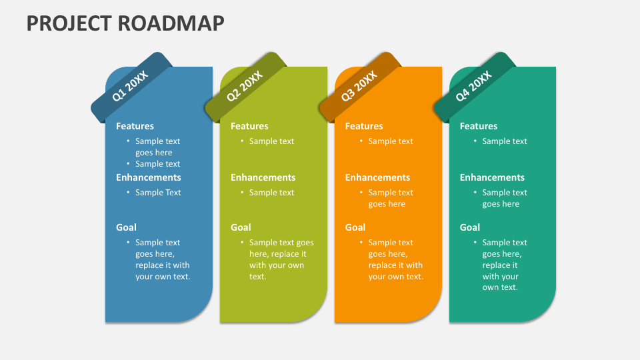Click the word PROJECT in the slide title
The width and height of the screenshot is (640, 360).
(69, 23)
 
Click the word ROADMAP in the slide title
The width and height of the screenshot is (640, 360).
(171, 23)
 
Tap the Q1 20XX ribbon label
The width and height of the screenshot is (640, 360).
(130, 86)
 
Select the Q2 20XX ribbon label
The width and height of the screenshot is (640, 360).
(245, 86)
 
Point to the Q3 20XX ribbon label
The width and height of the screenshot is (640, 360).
(359, 86)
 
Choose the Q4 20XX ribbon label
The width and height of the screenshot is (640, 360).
(474, 86)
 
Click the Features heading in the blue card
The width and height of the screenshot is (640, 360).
(135, 126)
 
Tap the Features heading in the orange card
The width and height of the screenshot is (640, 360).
(364, 126)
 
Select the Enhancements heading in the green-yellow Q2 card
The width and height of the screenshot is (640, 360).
(263, 177)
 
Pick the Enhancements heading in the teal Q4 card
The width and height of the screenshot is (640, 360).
(492, 177)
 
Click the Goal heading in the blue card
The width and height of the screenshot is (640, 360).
(126, 227)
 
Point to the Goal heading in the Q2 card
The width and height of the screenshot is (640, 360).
(241, 227)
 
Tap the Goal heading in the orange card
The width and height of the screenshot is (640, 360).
(355, 227)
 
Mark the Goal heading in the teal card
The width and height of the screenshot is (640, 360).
(470, 227)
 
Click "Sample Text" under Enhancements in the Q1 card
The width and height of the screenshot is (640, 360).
(158, 192)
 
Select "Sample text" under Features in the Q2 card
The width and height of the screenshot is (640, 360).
(271, 141)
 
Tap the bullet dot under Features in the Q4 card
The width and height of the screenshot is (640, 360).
(475, 141)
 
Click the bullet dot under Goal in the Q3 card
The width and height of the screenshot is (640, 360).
(361, 242)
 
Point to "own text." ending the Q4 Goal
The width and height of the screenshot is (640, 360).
(500, 287)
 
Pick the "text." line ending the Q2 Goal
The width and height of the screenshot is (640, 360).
(257, 277)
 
